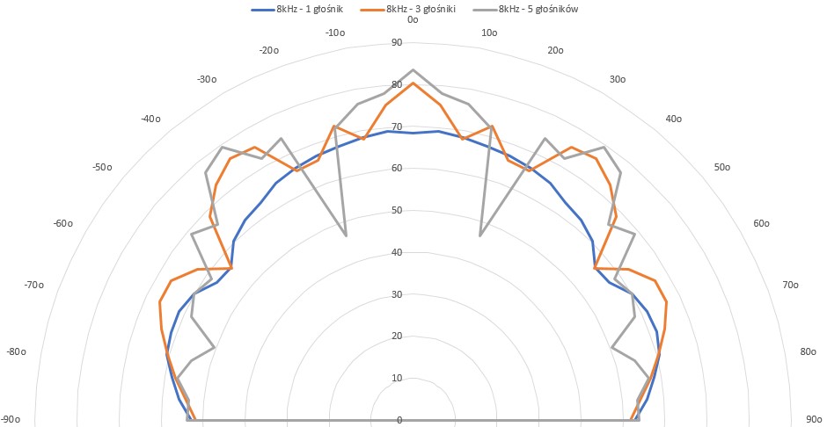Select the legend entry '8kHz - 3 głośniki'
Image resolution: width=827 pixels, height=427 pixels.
(x=428, y=10)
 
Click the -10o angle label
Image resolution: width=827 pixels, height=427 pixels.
(x=335, y=33)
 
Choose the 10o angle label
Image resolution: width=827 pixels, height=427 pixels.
(x=491, y=33)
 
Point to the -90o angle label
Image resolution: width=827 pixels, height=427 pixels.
(x=12, y=419)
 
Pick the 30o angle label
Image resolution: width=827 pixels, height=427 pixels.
(x=618, y=80)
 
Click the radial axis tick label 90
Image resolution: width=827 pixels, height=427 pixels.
(x=396, y=43)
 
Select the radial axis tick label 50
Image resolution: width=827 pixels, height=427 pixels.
(x=396, y=211)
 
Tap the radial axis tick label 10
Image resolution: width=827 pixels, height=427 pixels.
(x=396, y=378)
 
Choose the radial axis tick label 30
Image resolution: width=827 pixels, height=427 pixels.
(x=396, y=294)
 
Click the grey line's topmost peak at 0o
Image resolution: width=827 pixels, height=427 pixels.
(x=413, y=69)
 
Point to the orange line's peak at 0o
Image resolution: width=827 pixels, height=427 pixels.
(x=413, y=83)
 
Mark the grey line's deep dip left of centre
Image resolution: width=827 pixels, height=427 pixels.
(x=347, y=235)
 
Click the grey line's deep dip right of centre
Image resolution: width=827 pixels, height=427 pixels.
(x=480, y=235)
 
